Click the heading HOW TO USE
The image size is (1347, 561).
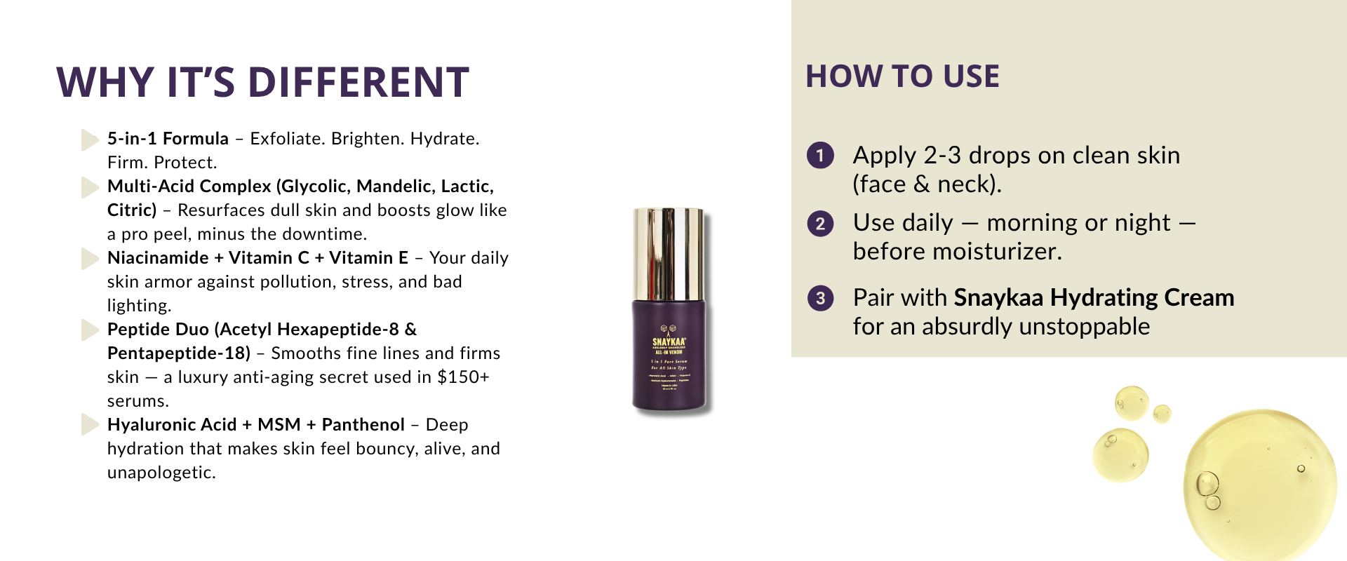pyautogui.click(x=902, y=76)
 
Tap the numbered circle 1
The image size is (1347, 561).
pyautogui.click(x=820, y=155)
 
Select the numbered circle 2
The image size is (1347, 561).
pyautogui.click(x=820, y=224)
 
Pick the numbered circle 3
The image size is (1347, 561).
pyautogui.click(x=820, y=298)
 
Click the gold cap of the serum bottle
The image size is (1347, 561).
pyautogui.click(x=669, y=252)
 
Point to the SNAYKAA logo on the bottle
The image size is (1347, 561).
pyautogui.click(x=669, y=342)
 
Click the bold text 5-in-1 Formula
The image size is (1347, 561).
pyautogui.click(x=168, y=139)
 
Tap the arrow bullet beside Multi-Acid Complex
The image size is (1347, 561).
pyautogui.click(x=89, y=187)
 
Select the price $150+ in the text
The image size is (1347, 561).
pyautogui.click(x=462, y=377)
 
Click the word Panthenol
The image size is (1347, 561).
pyautogui.click(x=363, y=425)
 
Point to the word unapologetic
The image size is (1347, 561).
pyautogui.click(x=161, y=473)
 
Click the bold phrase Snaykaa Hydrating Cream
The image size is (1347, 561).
pyautogui.click(x=1093, y=298)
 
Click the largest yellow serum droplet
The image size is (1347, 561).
pyautogui.click(x=1259, y=484)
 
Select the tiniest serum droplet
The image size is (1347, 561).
pyautogui.click(x=1162, y=414)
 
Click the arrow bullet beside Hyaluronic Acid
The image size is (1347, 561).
pyautogui.click(x=89, y=425)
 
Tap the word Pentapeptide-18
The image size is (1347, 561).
pyautogui.click(x=178, y=353)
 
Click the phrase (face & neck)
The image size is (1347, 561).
pyautogui.click(x=927, y=184)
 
